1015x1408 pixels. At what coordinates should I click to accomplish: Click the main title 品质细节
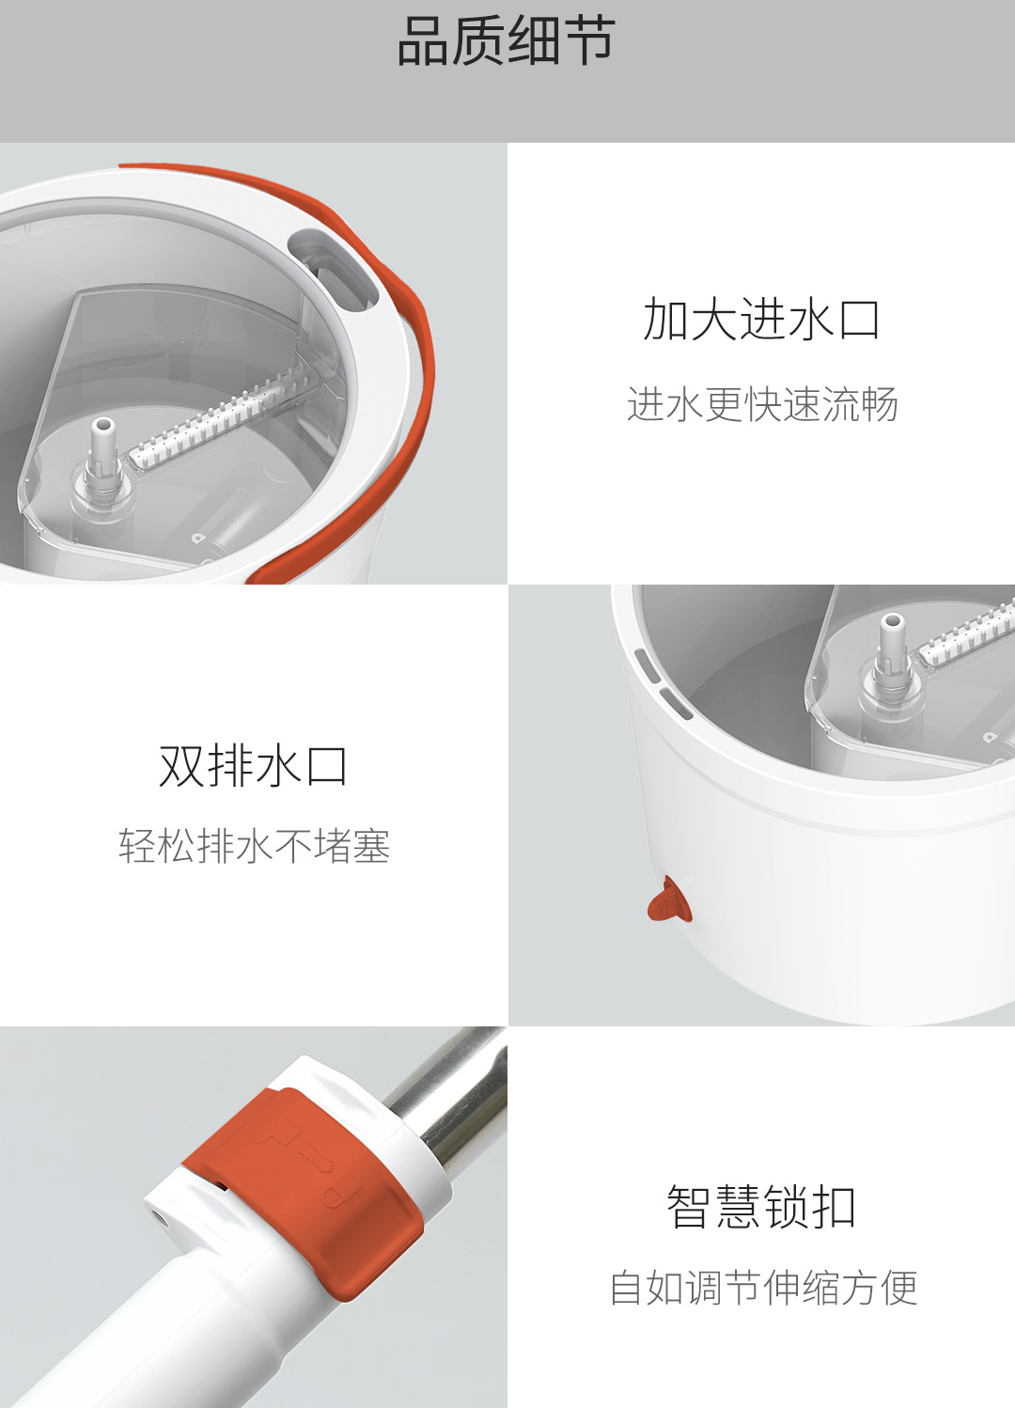coord(507,41)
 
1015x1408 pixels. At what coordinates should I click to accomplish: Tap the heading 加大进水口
coord(761,319)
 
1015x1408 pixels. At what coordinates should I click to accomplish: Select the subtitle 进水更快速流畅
coord(762,403)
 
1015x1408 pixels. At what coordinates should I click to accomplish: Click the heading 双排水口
coord(253,766)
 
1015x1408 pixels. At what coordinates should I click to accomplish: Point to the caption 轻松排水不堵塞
coord(255,845)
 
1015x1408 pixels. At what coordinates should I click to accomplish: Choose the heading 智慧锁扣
coord(761,1206)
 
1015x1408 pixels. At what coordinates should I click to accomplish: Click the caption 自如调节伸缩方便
coord(763,1288)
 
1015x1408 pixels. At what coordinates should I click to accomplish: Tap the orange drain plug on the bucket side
coord(670,900)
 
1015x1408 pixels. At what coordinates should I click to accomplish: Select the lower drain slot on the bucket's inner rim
coord(676,703)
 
